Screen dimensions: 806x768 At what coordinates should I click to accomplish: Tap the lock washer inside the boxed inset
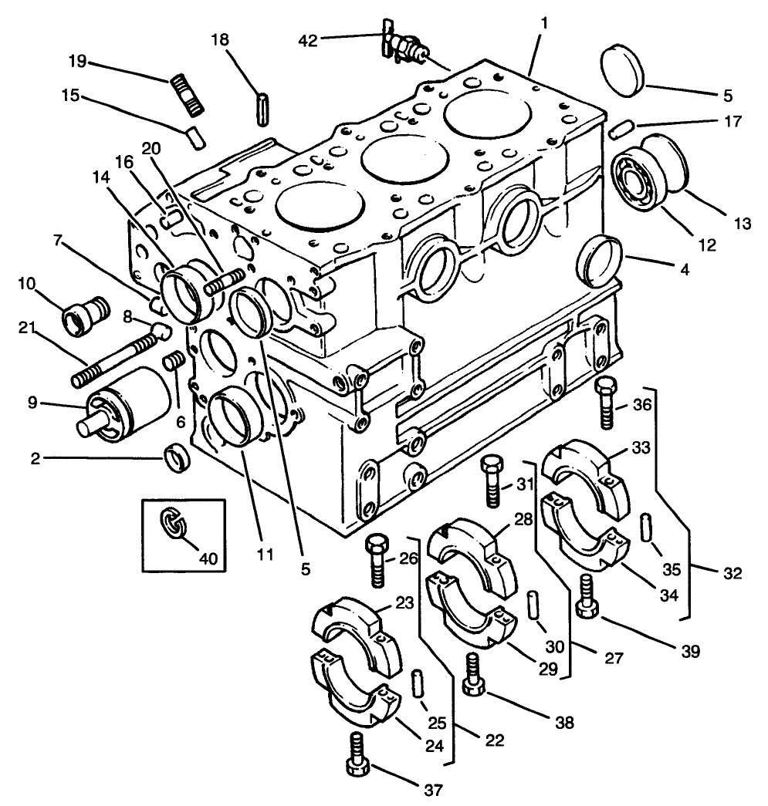click(176, 524)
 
